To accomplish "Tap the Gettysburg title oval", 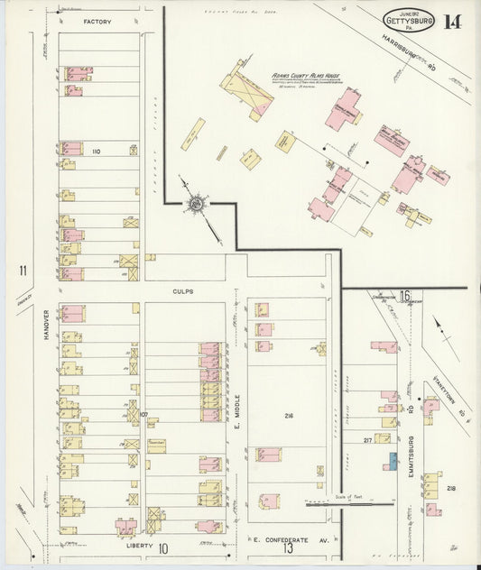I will (408, 19).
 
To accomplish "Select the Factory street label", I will (97, 21).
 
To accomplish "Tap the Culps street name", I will (184, 291).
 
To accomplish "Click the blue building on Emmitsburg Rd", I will (393, 460).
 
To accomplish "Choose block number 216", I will (289, 416).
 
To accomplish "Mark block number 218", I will (450, 488).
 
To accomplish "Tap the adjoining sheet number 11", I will (21, 270).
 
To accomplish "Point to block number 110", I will (96, 152).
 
